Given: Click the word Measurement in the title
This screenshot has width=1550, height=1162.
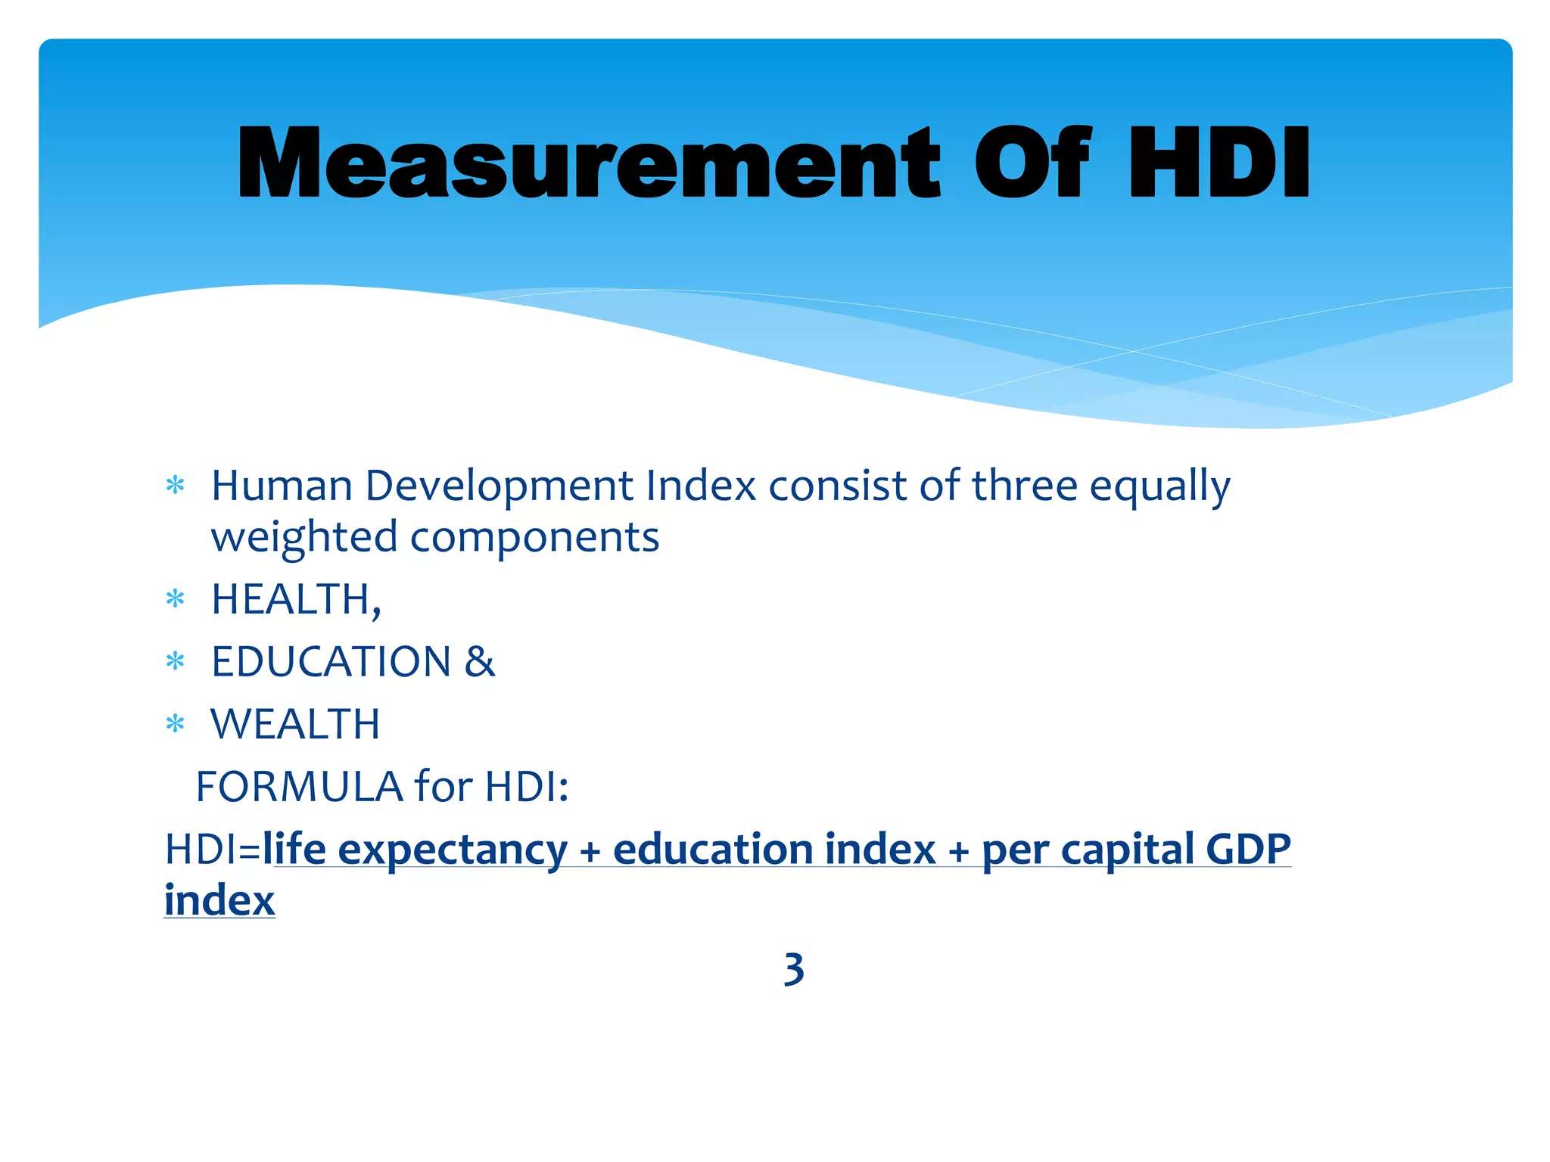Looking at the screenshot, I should tap(588, 163).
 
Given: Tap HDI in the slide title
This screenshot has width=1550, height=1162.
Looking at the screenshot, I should tap(1219, 163).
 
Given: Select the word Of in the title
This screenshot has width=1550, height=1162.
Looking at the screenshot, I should tap(1032, 163).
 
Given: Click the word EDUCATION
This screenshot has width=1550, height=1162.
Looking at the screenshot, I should tap(331, 662).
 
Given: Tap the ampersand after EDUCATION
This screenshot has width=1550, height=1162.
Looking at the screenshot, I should tap(480, 662).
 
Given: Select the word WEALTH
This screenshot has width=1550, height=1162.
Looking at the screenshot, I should tap(295, 724).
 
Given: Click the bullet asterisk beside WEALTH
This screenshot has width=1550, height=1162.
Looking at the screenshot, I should tap(175, 725).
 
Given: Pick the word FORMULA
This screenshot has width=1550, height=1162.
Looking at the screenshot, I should tap(299, 787).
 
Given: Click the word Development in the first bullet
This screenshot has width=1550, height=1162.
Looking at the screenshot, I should tap(500, 486).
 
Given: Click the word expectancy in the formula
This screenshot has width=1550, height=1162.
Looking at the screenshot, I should tap(452, 850).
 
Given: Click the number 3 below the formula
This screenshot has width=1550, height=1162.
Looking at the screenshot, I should tap(793, 969).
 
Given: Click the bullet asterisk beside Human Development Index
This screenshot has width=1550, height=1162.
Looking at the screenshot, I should tap(175, 486).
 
